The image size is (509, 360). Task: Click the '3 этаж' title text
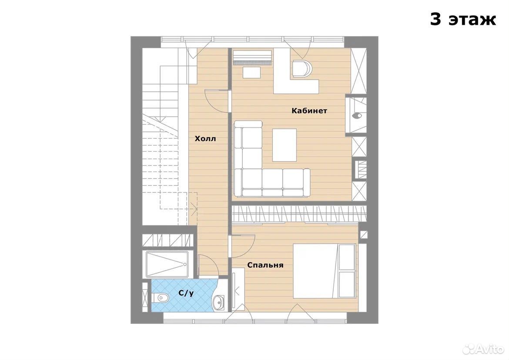click(463, 19)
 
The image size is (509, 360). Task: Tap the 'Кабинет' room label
click(309, 111)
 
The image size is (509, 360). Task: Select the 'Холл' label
click(205, 139)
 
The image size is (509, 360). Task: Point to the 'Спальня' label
click(265, 265)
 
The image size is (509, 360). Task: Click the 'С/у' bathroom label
click(186, 293)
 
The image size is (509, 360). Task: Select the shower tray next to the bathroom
click(167, 264)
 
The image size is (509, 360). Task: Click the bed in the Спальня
click(324, 271)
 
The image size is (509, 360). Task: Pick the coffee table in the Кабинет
click(285, 145)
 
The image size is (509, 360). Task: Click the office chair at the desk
click(302, 68)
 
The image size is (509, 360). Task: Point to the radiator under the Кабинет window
click(253, 57)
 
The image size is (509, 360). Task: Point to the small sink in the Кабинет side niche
click(358, 115)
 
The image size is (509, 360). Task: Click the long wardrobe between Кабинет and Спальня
click(299, 214)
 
